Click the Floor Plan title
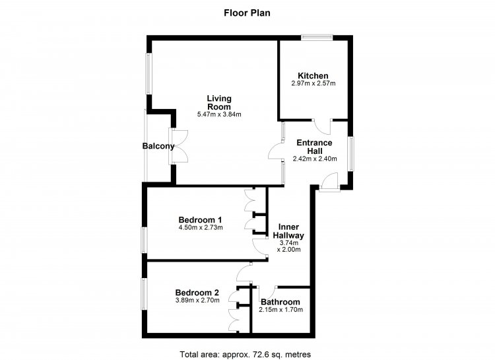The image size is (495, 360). click(x=247, y=13)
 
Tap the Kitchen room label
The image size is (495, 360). click(x=313, y=76)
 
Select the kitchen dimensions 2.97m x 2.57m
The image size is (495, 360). click(x=313, y=84)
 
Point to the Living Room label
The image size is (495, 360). click(x=219, y=103)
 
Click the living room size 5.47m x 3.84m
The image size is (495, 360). click(x=219, y=114)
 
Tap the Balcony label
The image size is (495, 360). click(x=158, y=146)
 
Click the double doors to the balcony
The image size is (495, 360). click(x=179, y=146)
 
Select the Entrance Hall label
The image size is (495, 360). click(x=314, y=147)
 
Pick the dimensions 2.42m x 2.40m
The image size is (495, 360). click(x=315, y=159)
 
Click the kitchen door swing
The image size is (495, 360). click(x=321, y=127)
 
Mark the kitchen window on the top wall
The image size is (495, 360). click(x=317, y=37)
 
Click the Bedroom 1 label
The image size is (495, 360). click(x=200, y=220)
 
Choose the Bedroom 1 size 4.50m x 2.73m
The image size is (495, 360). click(x=201, y=228)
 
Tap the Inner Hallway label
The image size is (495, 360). click(x=288, y=231)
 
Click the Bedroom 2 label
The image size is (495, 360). click(x=197, y=293)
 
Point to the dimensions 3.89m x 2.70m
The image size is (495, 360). click(x=197, y=301)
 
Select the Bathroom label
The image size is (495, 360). click(x=280, y=302)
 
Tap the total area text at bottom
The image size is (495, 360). click(x=246, y=354)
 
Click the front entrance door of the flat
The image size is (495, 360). click(x=329, y=182)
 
